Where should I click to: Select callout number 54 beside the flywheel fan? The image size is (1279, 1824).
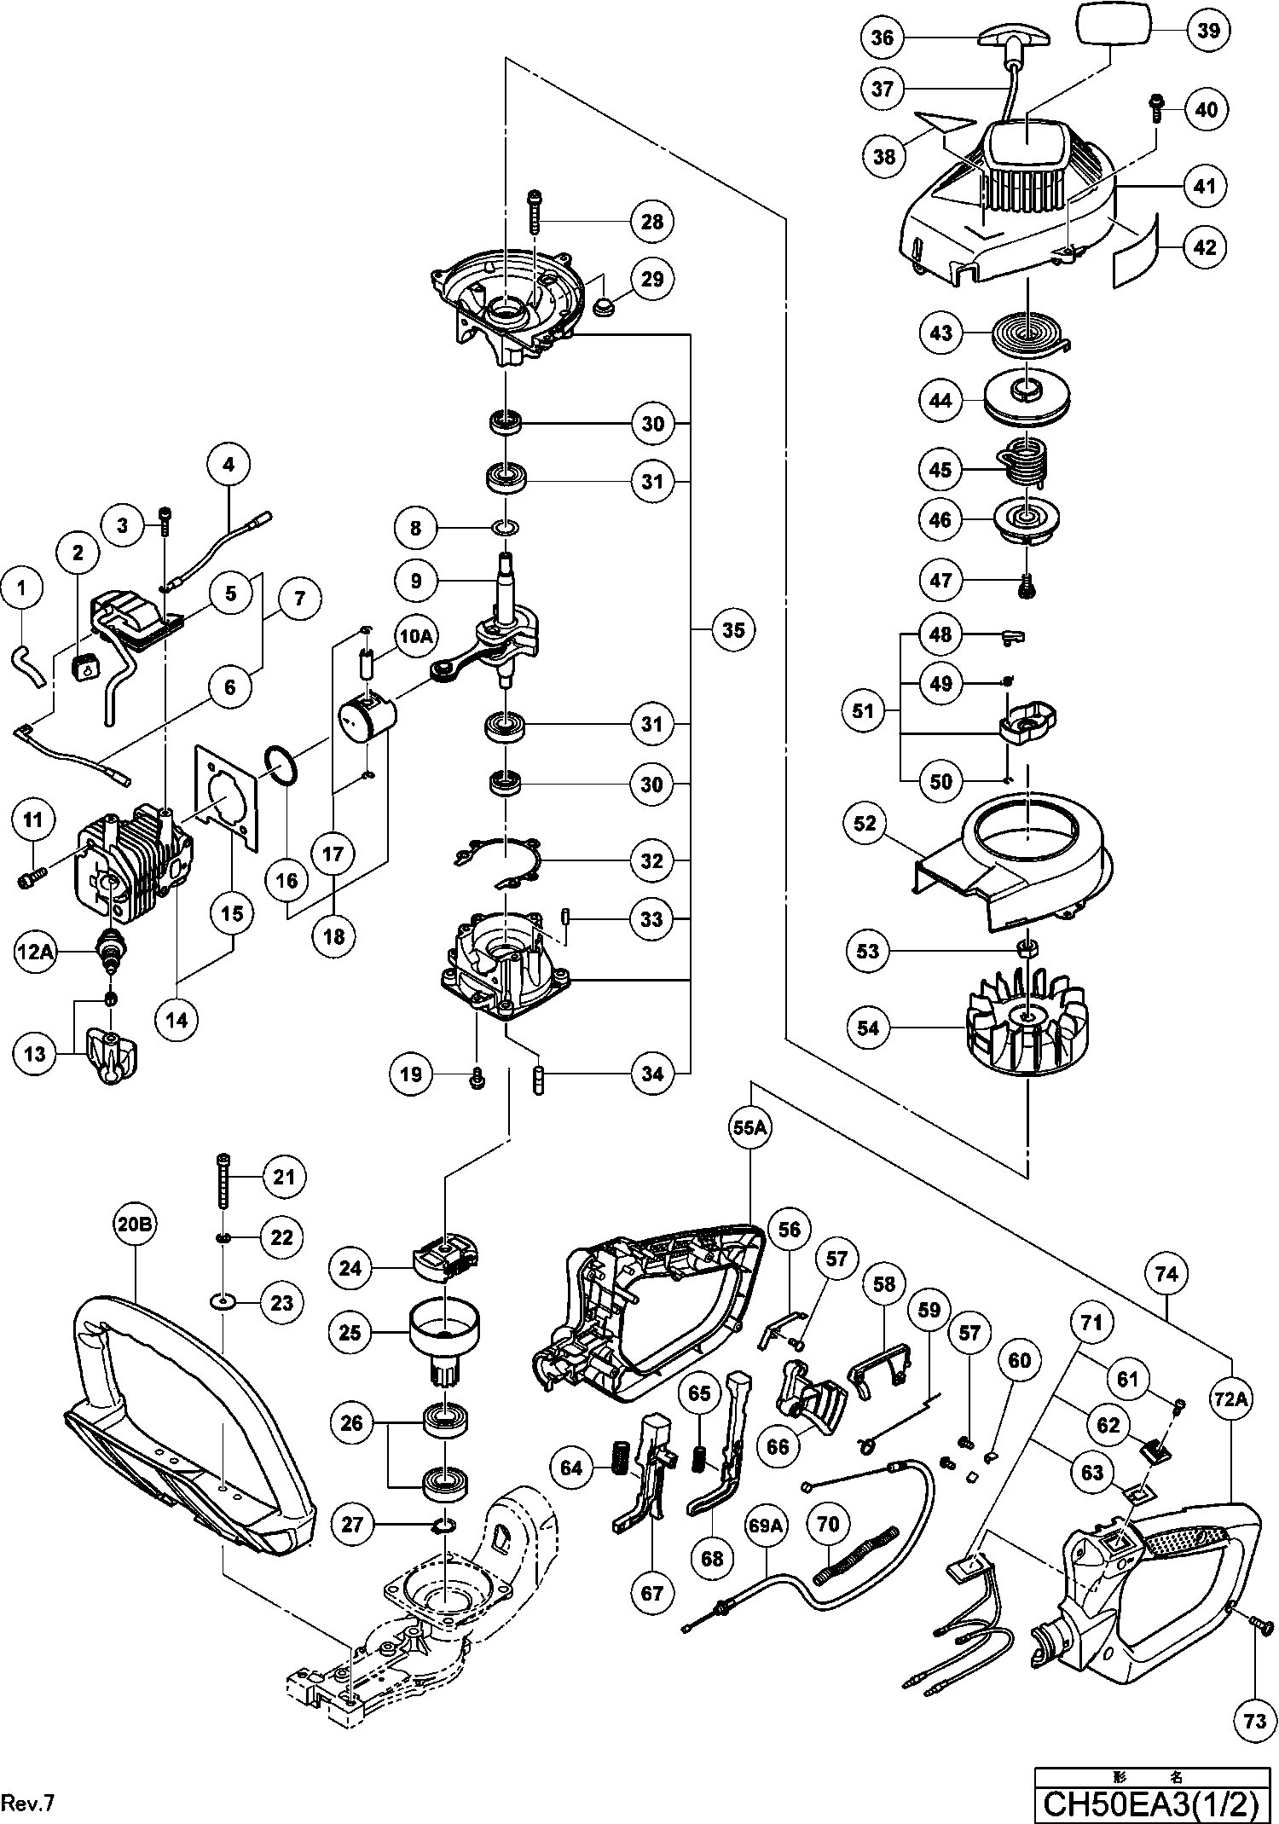868,1028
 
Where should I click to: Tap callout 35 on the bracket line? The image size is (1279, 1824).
733,630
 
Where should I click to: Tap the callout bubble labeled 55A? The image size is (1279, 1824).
750,1127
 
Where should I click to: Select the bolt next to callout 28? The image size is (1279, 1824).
535,211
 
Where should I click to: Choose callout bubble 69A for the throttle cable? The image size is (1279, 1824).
765,1526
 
